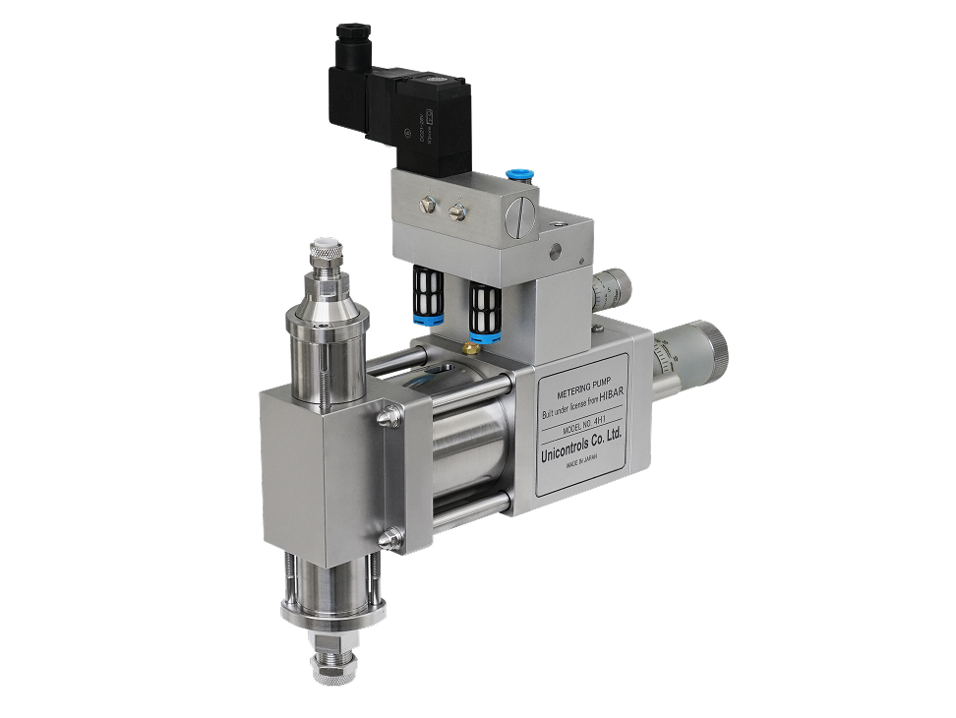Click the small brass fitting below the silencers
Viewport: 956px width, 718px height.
point(471,346)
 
